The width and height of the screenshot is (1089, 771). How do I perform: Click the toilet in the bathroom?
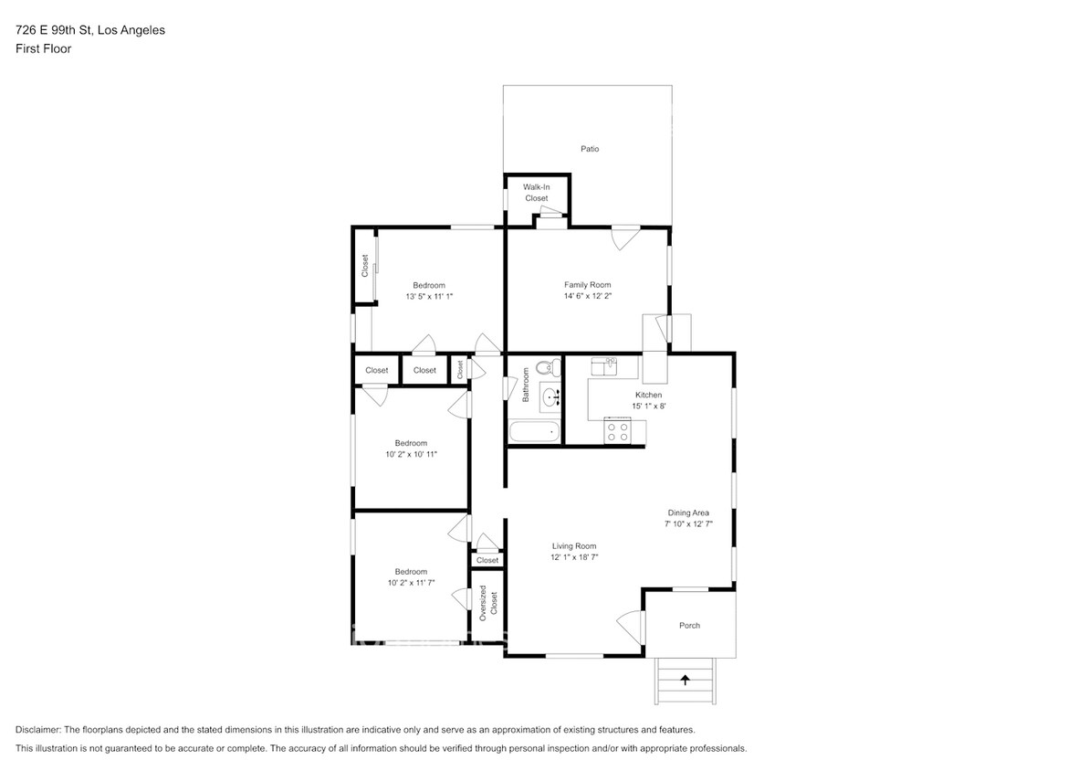[x=544, y=369]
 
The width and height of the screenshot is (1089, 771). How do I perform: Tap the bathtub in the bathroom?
[x=534, y=432]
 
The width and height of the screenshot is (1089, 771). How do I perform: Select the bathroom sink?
[x=550, y=397]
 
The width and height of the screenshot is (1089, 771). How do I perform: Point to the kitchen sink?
[x=603, y=367]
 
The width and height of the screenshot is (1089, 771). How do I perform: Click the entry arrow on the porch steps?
[x=685, y=679]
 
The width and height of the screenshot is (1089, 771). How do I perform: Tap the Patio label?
[x=590, y=149]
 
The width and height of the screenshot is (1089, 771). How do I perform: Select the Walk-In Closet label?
[x=536, y=193]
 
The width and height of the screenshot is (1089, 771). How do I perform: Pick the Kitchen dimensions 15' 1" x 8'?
[x=648, y=407]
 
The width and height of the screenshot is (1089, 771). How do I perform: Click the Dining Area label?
[x=687, y=512]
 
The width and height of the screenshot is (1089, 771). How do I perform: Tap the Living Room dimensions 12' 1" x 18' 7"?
[x=573, y=557]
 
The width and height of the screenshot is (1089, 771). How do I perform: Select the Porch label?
[x=689, y=626]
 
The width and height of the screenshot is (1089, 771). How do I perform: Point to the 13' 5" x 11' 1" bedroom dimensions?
[x=429, y=296]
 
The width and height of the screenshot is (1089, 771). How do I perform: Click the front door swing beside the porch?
[x=630, y=627]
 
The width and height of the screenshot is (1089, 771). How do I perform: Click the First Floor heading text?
[x=43, y=49]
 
